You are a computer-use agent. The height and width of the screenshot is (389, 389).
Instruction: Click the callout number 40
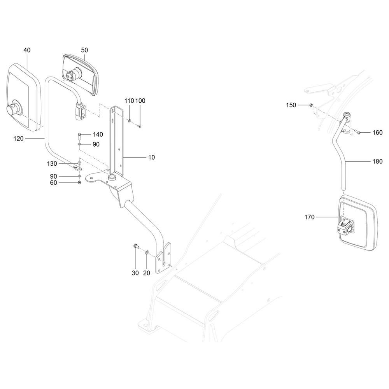pyautogui.click(x=27, y=50)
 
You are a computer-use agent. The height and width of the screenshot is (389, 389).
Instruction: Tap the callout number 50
pyautogui.click(x=84, y=50)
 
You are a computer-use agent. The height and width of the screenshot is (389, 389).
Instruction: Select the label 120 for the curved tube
pyautogui.click(x=19, y=138)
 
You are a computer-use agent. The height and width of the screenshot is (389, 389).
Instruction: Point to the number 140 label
pyautogui.click(x=98, y=135)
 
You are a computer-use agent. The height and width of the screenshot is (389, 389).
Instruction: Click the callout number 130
pyautogui.click(x=52, y=164)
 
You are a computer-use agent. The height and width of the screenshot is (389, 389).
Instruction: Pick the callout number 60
pyautogui.click(x=53, y=182)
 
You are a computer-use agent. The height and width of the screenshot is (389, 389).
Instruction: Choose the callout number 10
pyautogui.click(x=151, y=157)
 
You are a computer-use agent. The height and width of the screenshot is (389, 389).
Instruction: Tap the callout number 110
pyautogui.click(x=129, y=101)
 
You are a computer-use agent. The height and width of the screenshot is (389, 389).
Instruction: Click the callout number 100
pyautogui.click(x=140, y=101)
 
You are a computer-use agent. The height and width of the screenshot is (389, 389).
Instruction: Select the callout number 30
pyautogui.click(x=135, y=273)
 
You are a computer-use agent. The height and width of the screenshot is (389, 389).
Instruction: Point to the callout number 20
pyautogui.click(x=147, y=273)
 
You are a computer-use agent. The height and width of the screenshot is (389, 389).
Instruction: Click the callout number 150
pyautogui.click(x=291, y=105)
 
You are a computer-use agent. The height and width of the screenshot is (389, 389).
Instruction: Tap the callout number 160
pyautogui.click(x=378, y=133)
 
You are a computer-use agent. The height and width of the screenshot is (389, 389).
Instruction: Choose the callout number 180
pyautogui.click(x=378, y=161)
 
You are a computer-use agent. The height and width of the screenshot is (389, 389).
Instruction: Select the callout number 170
pyautogui.click(x=309, y=217)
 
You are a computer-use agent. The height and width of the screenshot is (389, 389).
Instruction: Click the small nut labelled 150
pyautogui.click(x=310, y=105)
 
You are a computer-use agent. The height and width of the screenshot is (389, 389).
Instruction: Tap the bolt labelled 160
pyautogui.click(x=357, y=132)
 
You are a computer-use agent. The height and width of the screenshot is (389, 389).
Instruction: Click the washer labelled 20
pyautogui.click(x=147, y=252)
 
